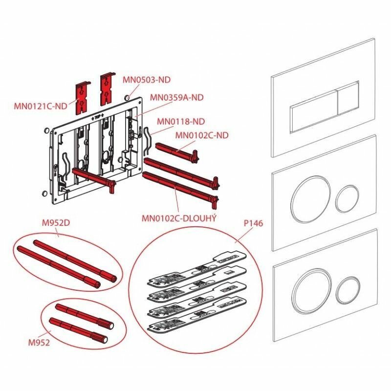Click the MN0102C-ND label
[202, 135]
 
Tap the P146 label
[254, 224]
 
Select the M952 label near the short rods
[40, 343]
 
